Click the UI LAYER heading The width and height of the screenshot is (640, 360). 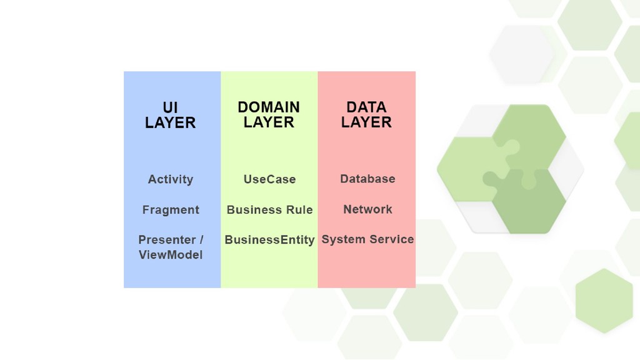[170, 115]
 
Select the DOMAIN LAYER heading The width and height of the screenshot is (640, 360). [269, 115]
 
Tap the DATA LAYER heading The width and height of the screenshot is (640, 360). [366, 115]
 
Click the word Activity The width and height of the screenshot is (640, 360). [171, 179]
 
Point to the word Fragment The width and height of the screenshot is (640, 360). [171, 210]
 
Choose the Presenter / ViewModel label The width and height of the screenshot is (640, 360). [171, 247]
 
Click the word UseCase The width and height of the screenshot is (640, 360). [269, 179]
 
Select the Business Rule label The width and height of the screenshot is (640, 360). [269, 210]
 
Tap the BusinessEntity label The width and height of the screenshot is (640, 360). [269, 240]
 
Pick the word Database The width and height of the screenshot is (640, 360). [367, 179]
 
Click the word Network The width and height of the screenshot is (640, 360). [367, 209]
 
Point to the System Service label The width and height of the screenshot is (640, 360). [367, 239]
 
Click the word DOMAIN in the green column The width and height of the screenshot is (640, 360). [269, 107]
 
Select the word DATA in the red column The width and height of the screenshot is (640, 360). [366, 107]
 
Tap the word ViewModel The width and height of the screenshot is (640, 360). [171, 255]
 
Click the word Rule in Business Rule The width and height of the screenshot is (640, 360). [300, 210]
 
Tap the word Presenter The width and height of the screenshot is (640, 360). [164, 240]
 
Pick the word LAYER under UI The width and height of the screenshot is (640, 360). [170, 123]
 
